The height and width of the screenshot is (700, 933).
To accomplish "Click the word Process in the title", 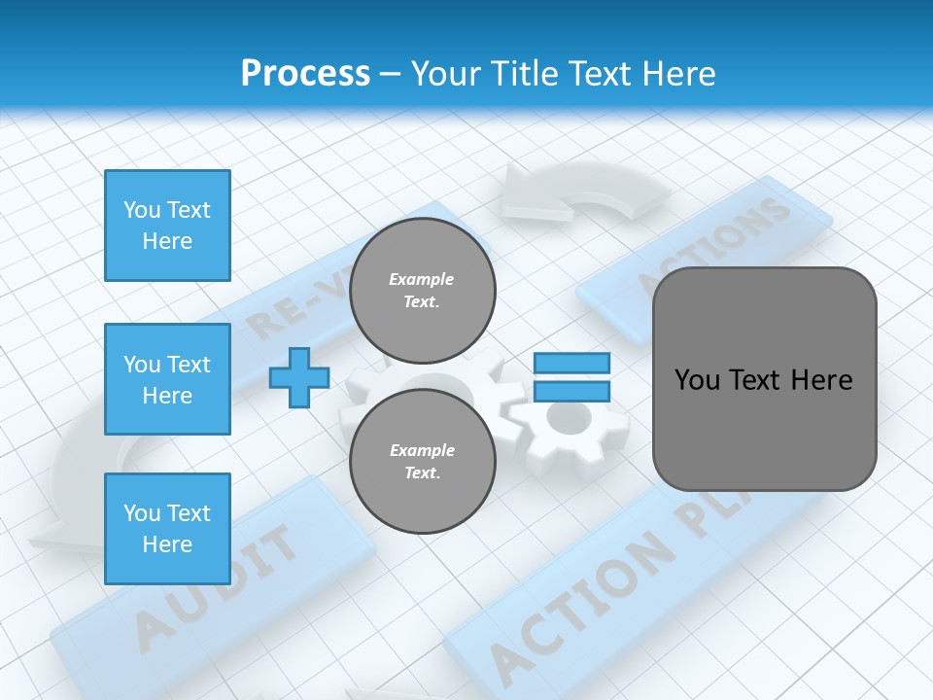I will pos(305,74).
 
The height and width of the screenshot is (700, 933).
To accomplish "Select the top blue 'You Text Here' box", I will pos(167,226).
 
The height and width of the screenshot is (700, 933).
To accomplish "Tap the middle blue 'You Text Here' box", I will pos(167,379).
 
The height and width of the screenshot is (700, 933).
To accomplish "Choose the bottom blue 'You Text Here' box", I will pos(167,528).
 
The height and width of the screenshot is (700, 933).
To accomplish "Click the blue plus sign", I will pos(299,377).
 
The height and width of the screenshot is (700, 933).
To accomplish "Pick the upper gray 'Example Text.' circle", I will pos(422,291).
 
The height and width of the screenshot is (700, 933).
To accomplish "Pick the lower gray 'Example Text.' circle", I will pos(422,462).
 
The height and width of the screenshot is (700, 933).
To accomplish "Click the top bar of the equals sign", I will pos(571,363).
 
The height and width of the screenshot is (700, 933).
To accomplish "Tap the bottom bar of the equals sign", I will pos(571,391).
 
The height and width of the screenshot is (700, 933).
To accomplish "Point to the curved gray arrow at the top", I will pos(583,194).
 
